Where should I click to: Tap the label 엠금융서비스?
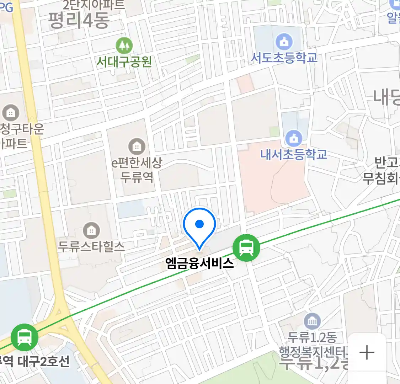tap(199, 263)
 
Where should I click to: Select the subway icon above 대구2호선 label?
tap(24, 336)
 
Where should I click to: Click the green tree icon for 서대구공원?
tap(124, 46)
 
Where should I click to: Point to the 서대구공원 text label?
tap(124, 62)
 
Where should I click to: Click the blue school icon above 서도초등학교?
tap(284, 42)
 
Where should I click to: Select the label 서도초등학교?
tap(284, 58)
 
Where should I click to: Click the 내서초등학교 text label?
tap(294, 155)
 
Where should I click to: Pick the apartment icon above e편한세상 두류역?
tap(137, 146)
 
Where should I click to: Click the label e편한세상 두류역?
tap(137, 170)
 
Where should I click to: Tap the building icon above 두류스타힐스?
tap(91, 231)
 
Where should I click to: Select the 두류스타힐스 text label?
tap(91, 246)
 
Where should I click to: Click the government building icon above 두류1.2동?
tap(312, 322)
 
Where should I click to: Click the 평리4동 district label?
tap(79, 20)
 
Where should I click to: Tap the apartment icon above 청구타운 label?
tap(11, 113)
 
